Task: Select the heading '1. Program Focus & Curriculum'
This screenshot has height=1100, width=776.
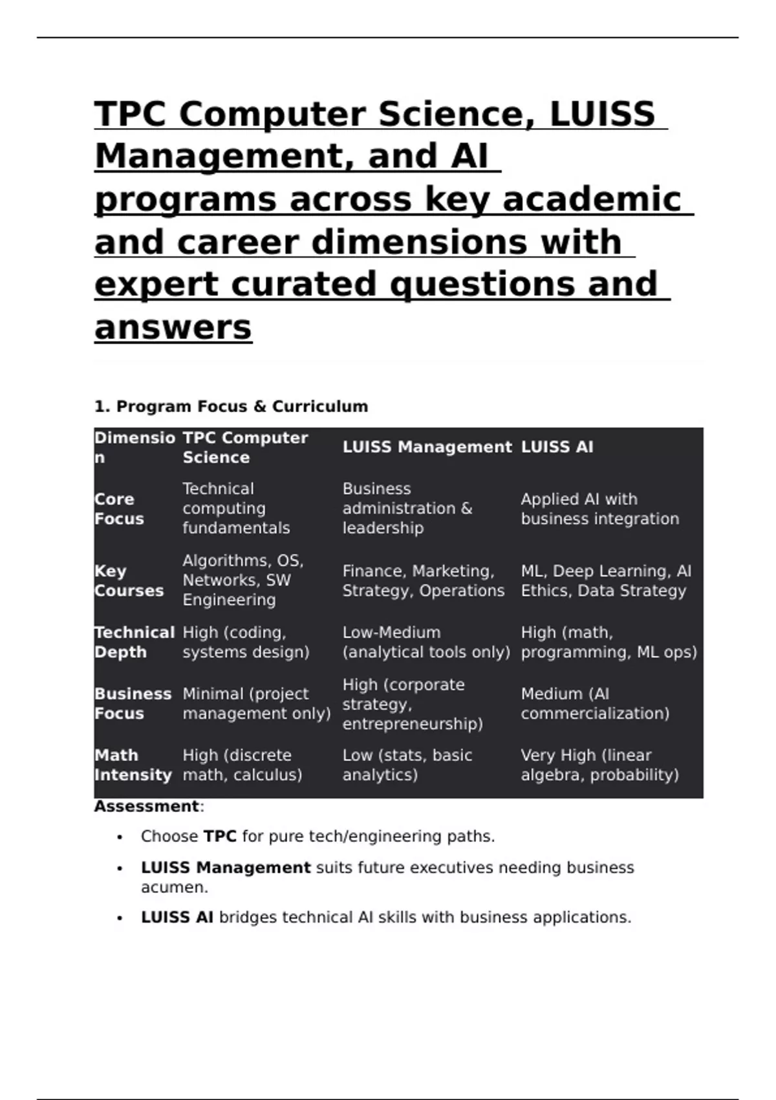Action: click(x=231, y=406)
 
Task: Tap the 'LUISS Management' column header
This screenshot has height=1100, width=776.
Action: click(x=427, y=447)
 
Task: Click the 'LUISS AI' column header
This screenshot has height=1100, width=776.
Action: click(x=557, y=447)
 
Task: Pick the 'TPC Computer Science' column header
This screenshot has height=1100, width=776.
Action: click(x=244, y=447)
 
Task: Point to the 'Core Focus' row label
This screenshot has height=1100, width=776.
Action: click(x=119, y=509)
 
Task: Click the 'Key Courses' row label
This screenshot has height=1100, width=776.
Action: click(x=129, y=580)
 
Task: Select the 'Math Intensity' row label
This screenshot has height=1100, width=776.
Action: click(x=133, y=765)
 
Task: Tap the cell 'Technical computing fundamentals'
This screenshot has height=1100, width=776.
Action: click(x=236, y=508)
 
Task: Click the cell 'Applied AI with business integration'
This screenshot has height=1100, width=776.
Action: click(x=599, y=509)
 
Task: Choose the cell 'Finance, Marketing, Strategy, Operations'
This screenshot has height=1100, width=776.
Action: click(x=423, y=580)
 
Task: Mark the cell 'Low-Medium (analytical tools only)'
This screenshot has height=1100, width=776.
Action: click(x=426, y=642)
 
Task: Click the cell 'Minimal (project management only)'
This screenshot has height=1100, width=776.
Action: click(x=256, y=703)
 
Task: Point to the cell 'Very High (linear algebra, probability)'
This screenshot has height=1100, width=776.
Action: click(x=599, y=765)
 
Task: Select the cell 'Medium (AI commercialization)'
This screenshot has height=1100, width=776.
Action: click(x=594, y=703)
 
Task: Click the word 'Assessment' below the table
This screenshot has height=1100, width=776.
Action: click(x=146, y=806)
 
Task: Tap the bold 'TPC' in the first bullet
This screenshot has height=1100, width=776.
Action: click(x=220, y=836)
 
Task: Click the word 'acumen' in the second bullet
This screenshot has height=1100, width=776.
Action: click(x=173, y=887)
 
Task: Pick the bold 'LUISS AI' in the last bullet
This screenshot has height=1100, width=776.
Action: click(x=177, y=917)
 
